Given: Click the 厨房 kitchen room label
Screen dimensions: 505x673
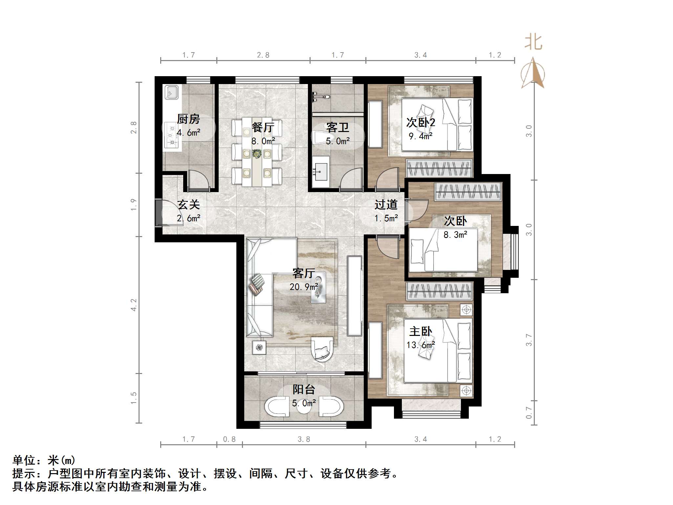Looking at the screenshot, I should point(188,119).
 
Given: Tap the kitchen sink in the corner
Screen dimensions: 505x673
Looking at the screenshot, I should point(171,92).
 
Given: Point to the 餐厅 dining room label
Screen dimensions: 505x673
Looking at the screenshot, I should point(263,127).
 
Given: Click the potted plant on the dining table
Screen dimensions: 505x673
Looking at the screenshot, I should point(256,153).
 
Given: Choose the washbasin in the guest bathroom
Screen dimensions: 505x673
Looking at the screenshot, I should point(320,172).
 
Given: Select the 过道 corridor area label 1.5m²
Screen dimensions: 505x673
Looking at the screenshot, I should point(386,218).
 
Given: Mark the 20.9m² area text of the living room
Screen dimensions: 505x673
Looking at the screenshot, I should point(304,287).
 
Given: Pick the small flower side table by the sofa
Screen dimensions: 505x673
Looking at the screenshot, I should point(259,347).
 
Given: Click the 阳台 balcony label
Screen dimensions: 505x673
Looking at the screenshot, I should point(304,389).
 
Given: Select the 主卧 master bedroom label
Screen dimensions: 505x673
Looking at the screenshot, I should point(421,331).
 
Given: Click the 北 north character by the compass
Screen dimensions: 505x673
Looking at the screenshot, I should point(533,43).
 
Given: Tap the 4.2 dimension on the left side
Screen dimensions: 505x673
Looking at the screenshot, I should point(134,305).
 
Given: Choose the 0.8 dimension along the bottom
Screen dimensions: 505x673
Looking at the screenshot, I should point(229,439).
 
